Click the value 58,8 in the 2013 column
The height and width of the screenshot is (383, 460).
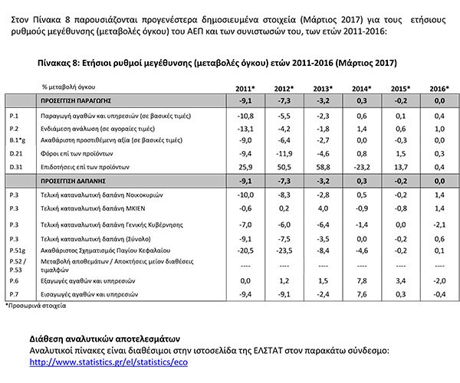coord(324,166)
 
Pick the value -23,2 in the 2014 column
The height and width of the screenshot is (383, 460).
coord(360,166)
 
